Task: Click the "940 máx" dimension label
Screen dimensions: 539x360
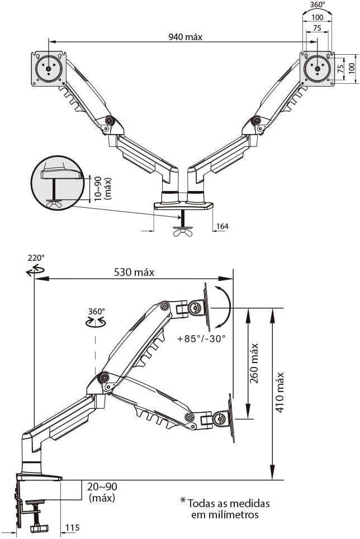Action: click(186, 37)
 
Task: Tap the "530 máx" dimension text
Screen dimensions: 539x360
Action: click(134, 273)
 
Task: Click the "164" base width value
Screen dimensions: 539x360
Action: click(221, 226)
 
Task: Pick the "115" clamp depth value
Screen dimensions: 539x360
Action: click(72, 527)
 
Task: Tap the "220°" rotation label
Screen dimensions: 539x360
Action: click(36, 258)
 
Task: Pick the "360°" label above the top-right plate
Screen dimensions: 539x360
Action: click(316, 4)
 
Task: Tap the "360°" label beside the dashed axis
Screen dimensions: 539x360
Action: click(96, 311)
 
